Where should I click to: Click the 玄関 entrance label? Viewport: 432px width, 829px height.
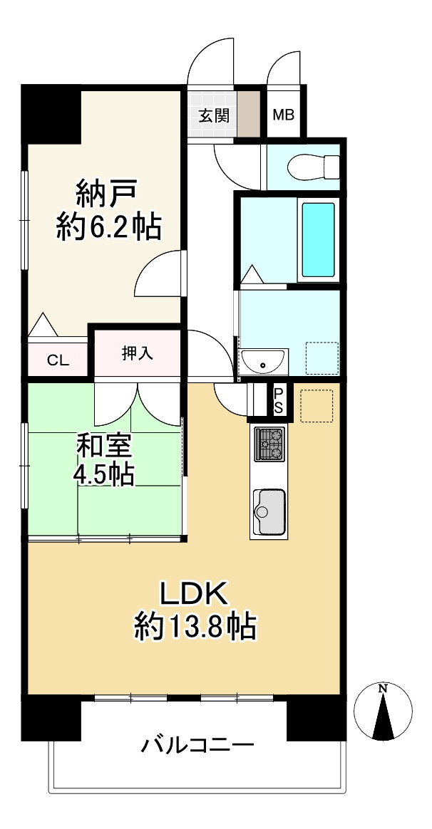(x=213, y=115)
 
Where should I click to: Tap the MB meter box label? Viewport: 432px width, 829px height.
(x=285, y=115)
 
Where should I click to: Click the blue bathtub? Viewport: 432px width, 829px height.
(x=317, y=240)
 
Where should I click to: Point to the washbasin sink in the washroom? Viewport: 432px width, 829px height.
(x=263, y=362)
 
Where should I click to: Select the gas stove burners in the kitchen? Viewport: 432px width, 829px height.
(x=269, y=444)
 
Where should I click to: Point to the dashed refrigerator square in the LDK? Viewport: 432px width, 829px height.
(x=317, y=406)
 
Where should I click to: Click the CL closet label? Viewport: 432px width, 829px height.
(x=58, y=360)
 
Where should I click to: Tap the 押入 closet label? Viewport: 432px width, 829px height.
(x=137, y=354)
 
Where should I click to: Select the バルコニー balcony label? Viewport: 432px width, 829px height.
(x=197, y=746)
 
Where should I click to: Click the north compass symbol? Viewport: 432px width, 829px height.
(x=384, y=710)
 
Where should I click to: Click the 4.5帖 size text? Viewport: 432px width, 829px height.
(x=104, y=474)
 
